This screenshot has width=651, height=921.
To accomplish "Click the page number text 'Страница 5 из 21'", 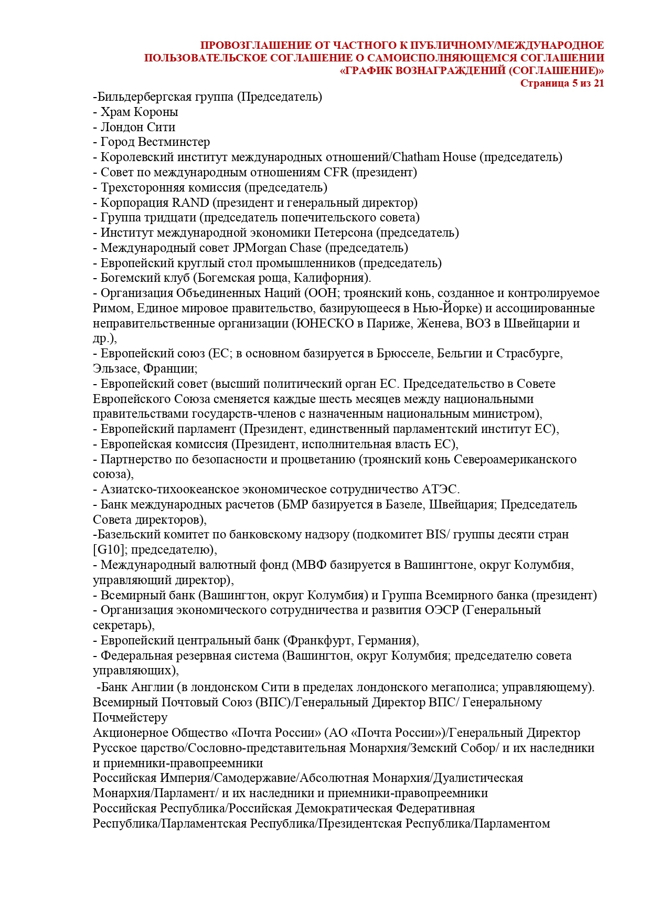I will [562, 83].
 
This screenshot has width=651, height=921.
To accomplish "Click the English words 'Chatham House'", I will [434, 157].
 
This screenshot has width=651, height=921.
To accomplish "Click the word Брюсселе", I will [405, 354].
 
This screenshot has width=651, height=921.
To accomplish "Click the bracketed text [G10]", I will [109, 551].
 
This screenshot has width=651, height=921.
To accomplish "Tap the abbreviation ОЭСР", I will [439, 611].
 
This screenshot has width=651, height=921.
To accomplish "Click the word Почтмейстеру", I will [130, 718].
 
